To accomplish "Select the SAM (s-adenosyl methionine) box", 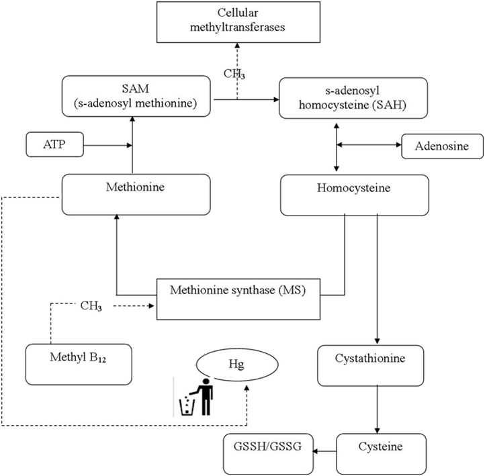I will [137, 97].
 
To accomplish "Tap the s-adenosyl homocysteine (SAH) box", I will [353, 98].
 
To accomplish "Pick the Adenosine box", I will [442, 146].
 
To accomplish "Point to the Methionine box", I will [135, 195].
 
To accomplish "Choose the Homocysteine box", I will [353, 195].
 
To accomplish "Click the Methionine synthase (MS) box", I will [239, 298].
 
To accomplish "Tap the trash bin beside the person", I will [186, 405].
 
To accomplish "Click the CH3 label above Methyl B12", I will [91, 307].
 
